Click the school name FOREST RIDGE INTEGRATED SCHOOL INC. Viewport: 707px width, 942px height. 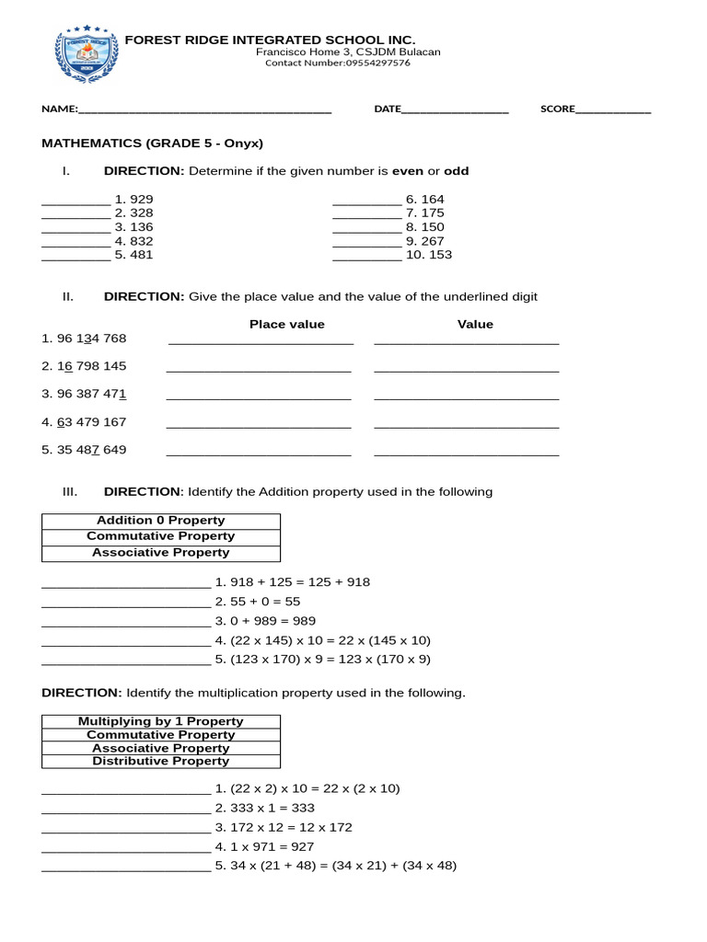[270, 40]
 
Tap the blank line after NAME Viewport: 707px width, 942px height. [204, 110]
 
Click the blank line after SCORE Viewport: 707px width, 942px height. [613, 110]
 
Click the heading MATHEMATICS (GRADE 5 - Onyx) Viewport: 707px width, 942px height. [153, 144]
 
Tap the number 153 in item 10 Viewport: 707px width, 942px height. [440, 255]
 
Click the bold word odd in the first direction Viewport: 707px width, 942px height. [457, 171]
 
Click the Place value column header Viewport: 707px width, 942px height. [287, 324]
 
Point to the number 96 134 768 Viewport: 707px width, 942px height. [85, 339]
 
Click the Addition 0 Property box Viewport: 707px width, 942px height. [161, 521]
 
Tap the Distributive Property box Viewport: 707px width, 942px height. [161, 762]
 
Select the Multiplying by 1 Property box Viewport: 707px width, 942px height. [161, 721]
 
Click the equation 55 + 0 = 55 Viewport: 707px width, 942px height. [265, 602]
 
